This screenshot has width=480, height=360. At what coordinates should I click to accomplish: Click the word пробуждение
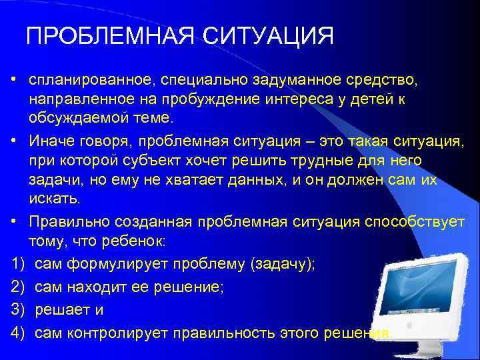point(181,99)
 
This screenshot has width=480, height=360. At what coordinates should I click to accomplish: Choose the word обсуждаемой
point(70,118)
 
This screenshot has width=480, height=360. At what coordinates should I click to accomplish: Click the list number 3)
point(18,310)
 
